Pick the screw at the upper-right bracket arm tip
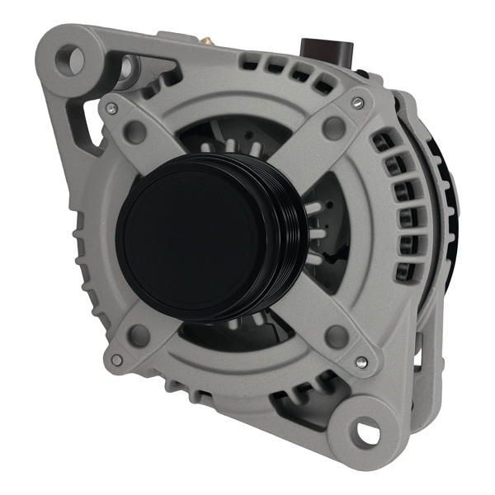coord(356,102)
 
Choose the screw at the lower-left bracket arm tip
coord(117,360)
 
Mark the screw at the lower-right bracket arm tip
coord(361,361)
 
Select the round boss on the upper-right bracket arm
coord(333,126)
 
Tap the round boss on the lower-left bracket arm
coord(139,334)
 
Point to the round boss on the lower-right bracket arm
coord(336,336)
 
